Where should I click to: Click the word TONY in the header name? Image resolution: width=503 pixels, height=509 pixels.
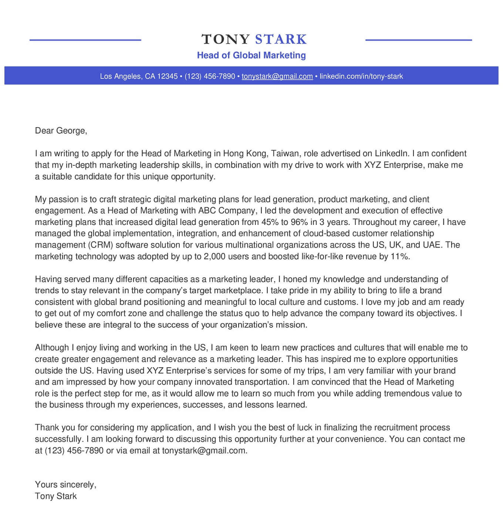(x=226, y=39)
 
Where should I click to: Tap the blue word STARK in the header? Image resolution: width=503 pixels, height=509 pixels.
(x=281, y=39)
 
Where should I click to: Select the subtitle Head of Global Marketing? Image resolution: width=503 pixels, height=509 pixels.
(x=251, y=55)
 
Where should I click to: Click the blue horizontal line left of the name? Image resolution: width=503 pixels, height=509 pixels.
(x=85, y=40)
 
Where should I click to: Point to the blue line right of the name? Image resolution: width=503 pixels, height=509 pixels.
(x=418, y=40)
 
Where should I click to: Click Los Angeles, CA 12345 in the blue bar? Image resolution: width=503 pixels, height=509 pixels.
(x=139, y=76)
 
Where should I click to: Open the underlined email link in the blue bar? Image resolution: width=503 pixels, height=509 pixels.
(x=277, y=76)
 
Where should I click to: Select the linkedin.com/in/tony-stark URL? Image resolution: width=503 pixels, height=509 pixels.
(x=361, y=76)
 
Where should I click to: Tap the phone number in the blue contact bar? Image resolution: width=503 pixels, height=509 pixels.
(x=210, y=76)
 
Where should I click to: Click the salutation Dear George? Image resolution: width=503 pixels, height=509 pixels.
(x=61, y=131)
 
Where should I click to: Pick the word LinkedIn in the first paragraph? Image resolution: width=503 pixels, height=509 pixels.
(x=392, y=154)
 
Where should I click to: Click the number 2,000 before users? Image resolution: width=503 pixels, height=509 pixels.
(x=215, y=256)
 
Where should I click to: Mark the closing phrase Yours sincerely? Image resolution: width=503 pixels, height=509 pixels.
(x=65, y=485)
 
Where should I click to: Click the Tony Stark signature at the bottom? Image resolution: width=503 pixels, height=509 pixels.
(x=56, y=496)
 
